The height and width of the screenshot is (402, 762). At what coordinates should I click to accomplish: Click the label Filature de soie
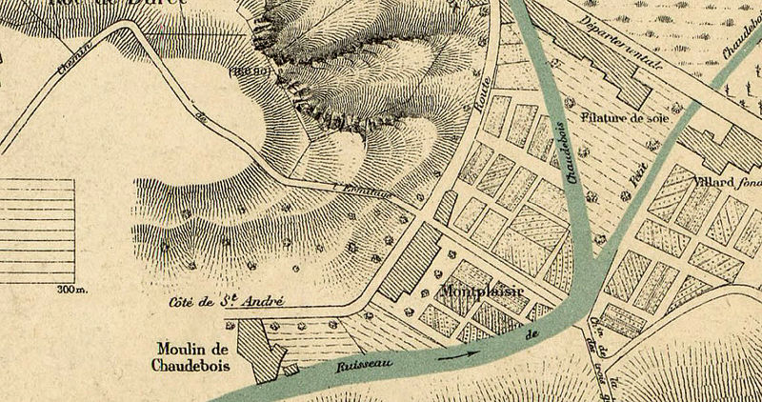click(626, 120)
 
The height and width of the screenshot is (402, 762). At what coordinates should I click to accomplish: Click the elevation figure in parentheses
click(252, 70)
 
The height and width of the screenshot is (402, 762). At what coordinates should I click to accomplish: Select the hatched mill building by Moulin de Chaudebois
click(259, 349)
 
